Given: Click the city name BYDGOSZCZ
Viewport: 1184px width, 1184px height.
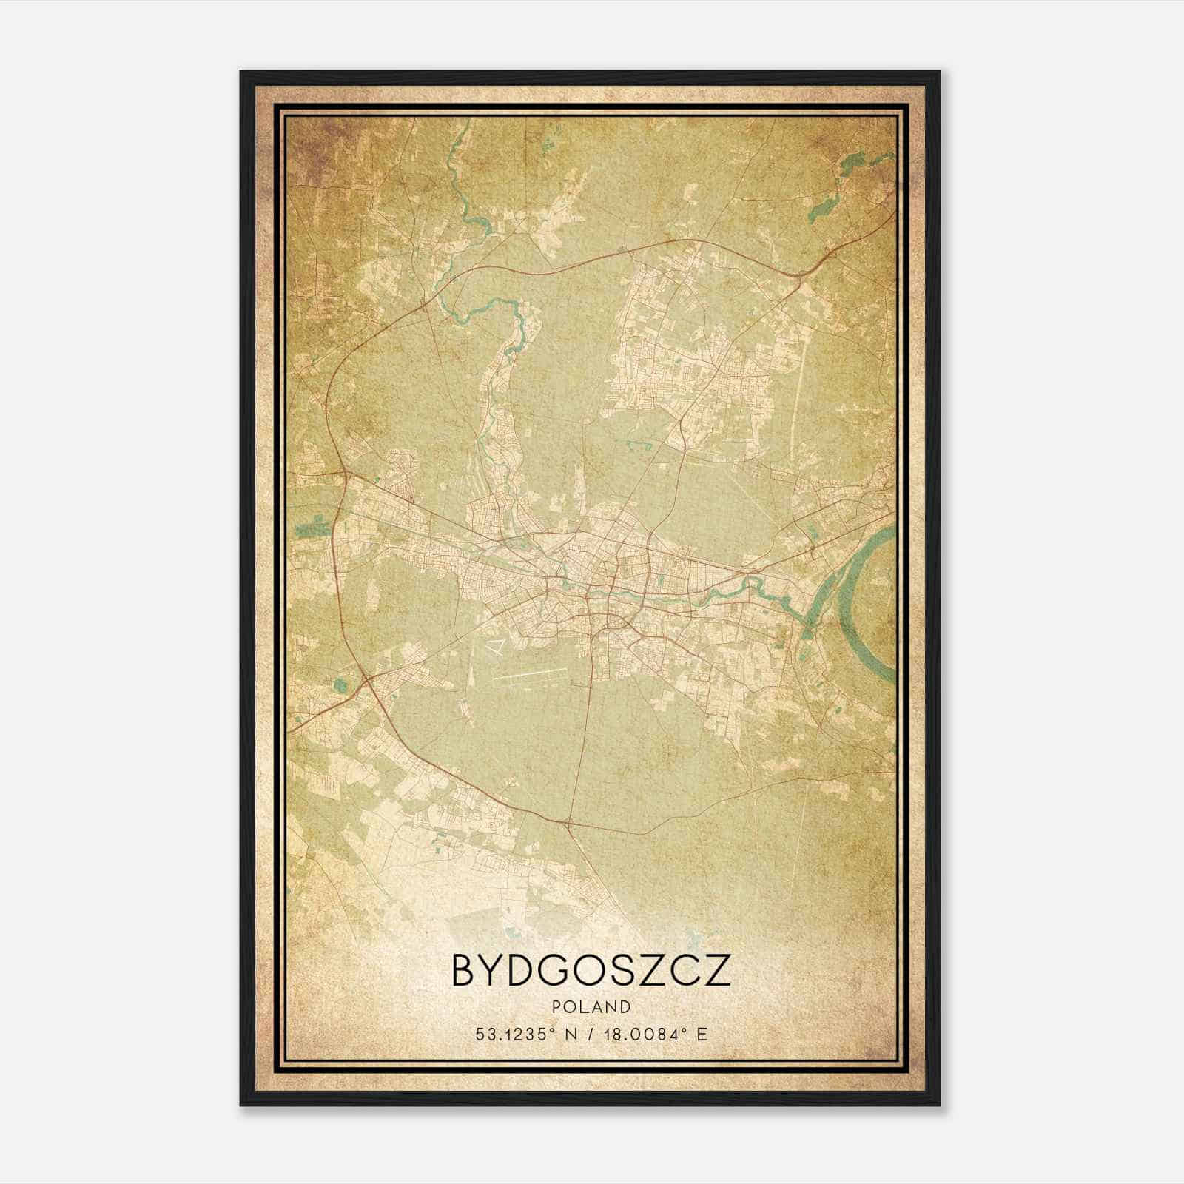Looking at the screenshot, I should (591, 971).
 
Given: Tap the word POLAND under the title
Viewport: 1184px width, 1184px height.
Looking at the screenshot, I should (591, 1007).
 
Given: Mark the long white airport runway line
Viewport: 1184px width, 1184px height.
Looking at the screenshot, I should (529, 674).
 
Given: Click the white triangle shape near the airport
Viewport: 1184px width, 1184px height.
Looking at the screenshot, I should (497, 647).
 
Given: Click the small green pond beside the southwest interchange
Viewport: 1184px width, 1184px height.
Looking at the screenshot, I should (340, 685).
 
